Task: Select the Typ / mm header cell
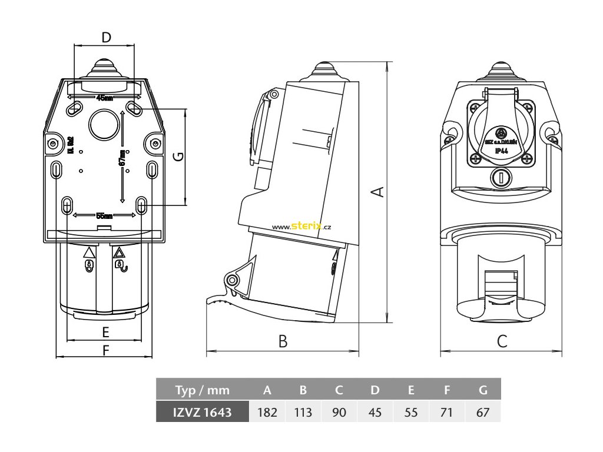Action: coord(203,390)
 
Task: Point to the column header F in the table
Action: coord(447,390)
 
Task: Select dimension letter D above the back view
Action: coord(106,38)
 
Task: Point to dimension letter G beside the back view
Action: coord(178,157)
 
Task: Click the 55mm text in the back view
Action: coord(104,215)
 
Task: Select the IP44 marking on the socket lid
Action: coord(502,151)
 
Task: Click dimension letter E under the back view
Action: coord(106,331)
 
